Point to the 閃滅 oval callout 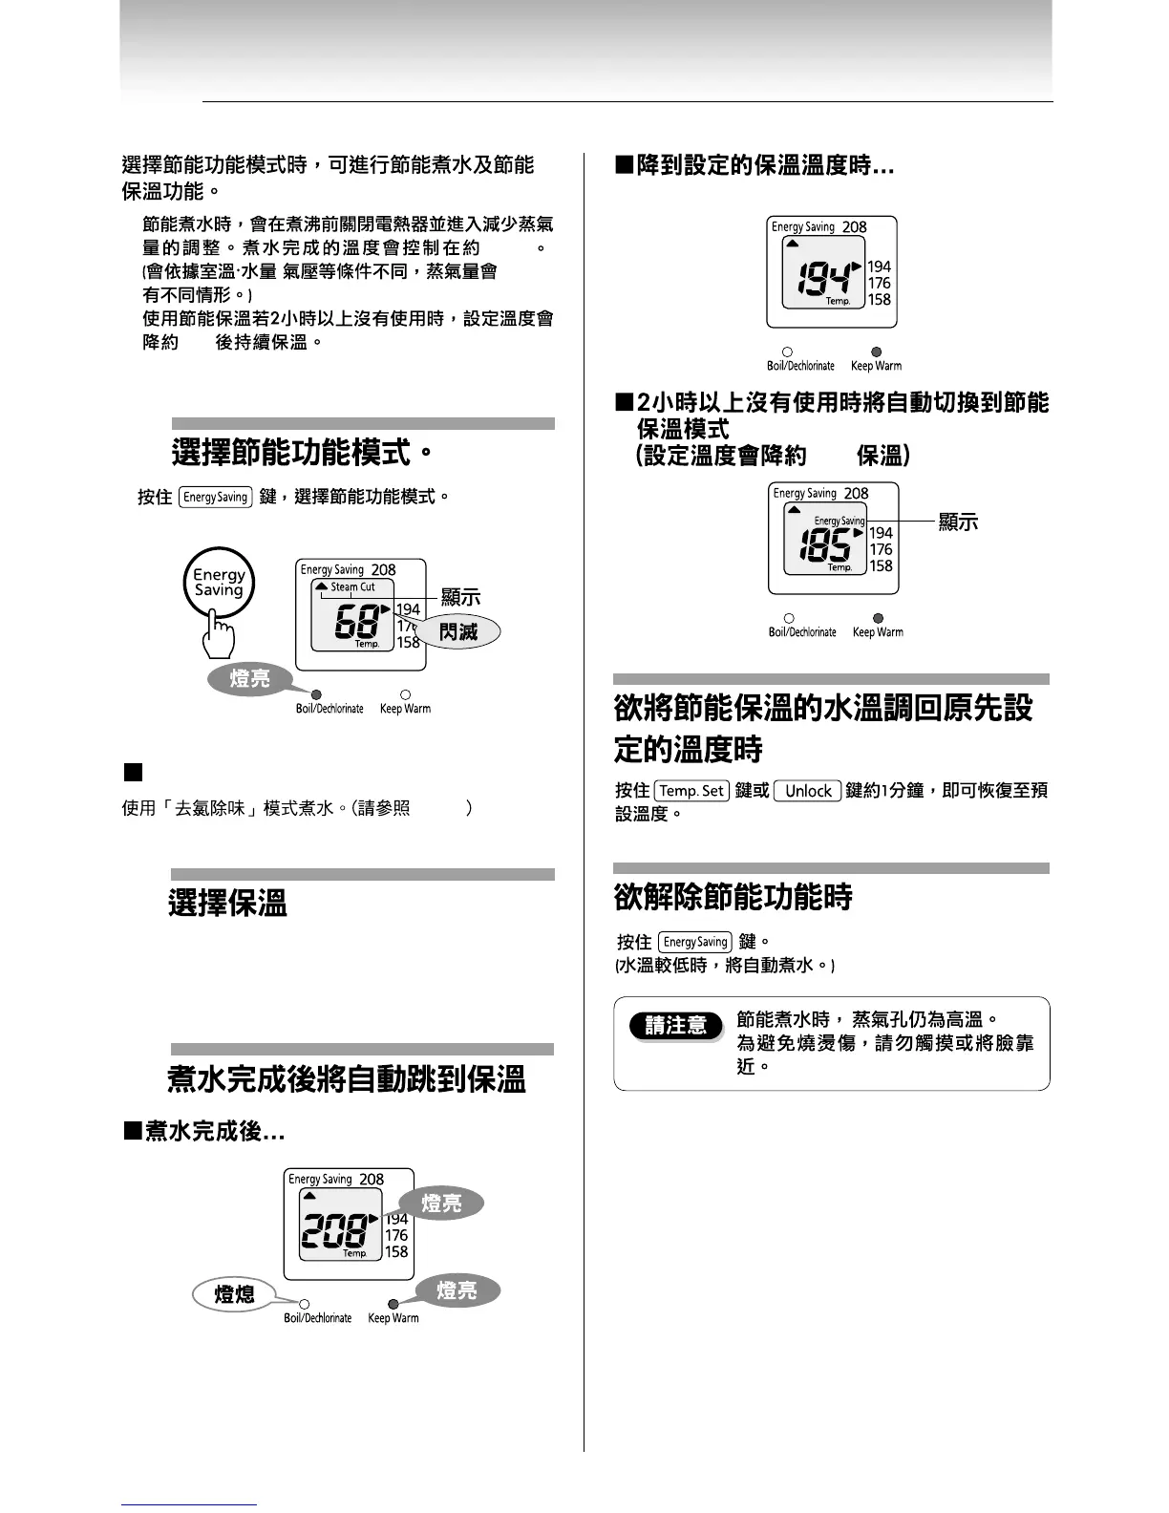[x=458, y=632]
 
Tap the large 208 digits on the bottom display [x=334, y=1230]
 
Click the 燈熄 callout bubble [x=234, y=1294]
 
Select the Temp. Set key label [x=692, y=791]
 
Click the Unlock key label [x=808, y=791]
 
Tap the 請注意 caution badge [x=676, y=1026]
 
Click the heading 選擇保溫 [x=228, y=903]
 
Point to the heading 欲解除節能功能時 [x=733, y=897]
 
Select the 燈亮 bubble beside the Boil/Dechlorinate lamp [x=250, y=679]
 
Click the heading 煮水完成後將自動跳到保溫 [x=347, y=1080]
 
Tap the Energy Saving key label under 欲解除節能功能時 [x=695, y=942]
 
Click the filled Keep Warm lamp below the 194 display [x=877, y=352]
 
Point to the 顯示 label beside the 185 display [x=958, y=522]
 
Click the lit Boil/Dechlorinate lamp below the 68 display [x=317, y=694]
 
